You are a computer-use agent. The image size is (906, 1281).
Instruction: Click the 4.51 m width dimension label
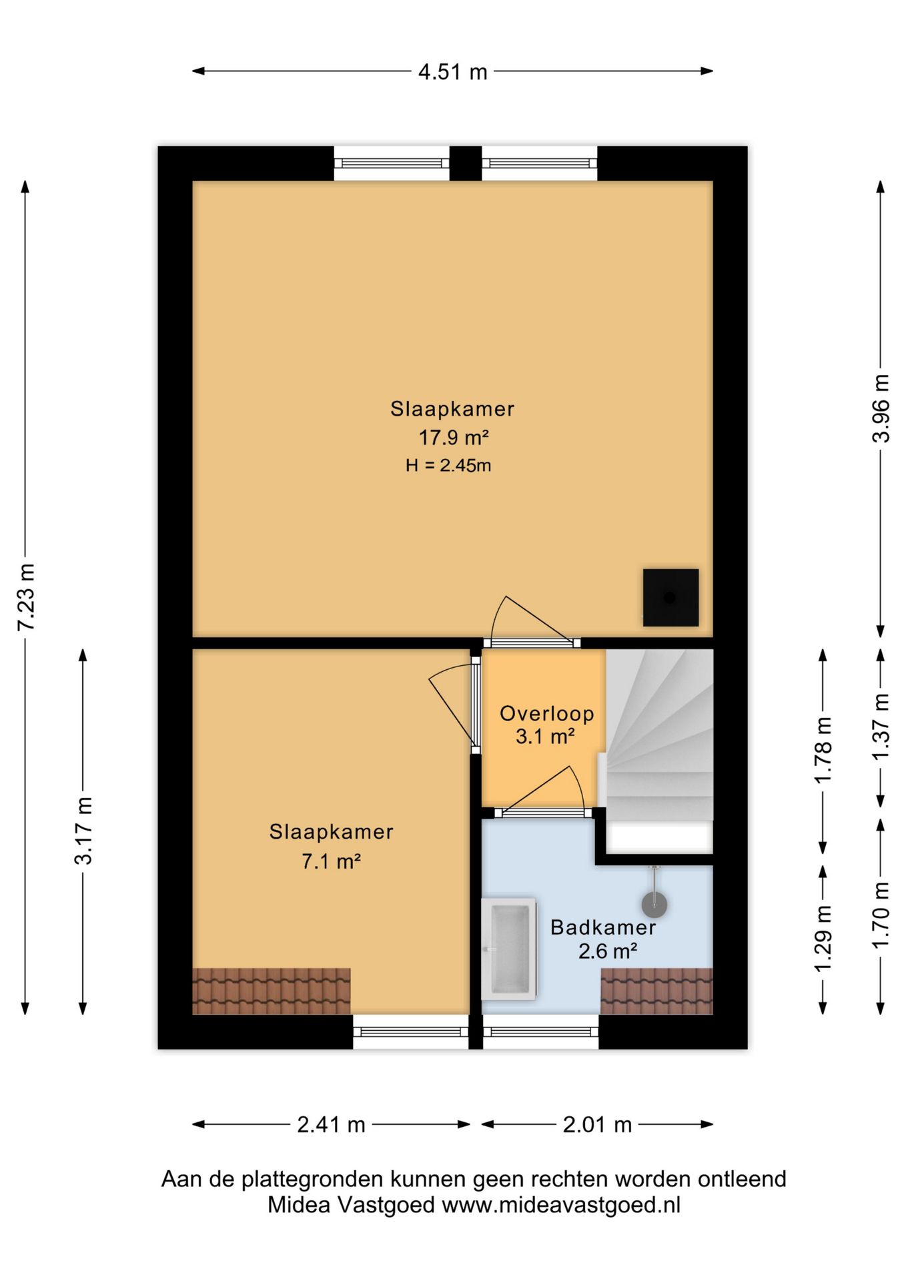point(452,71)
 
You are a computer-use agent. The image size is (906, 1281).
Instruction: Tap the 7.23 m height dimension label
point(26,597)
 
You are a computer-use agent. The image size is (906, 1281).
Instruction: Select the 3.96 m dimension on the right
point(881,408)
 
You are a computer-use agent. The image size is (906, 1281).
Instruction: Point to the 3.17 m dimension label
point(83,831)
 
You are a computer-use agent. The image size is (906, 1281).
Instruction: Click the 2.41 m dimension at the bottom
point(331,1125)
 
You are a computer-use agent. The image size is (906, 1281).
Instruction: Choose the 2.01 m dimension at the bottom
point(597,1125)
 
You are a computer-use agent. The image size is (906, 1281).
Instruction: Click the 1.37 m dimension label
point(881,725)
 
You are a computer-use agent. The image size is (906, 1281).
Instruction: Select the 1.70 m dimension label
point(881,914)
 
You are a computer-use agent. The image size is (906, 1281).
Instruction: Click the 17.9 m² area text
point(454,438)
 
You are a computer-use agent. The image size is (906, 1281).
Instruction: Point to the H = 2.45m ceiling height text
point(448,465)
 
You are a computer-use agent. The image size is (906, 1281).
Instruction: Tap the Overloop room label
point(547,713)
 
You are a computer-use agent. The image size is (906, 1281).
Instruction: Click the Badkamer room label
point(603,927)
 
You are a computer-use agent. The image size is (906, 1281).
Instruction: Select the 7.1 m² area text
point(331,861)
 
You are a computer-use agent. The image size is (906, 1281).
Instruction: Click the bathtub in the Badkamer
point(509,948)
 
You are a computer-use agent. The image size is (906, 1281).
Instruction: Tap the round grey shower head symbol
point(654,905)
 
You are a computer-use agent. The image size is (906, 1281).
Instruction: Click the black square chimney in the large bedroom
point(670,598)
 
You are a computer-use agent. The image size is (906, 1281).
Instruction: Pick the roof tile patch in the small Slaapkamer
point(272,991)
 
